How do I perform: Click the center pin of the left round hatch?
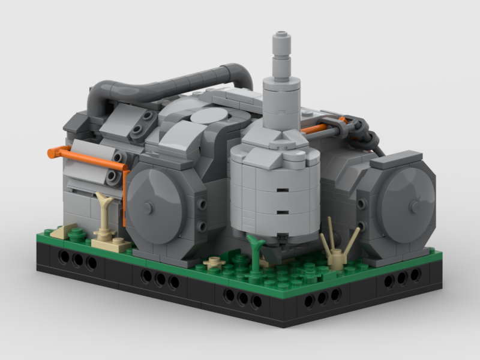pyautogui.click(x=148, y=208)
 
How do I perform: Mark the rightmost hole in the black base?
pyautogui.click(x=415, y=276)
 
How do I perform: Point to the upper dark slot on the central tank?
pyautogui.click(x=280, y=191)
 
